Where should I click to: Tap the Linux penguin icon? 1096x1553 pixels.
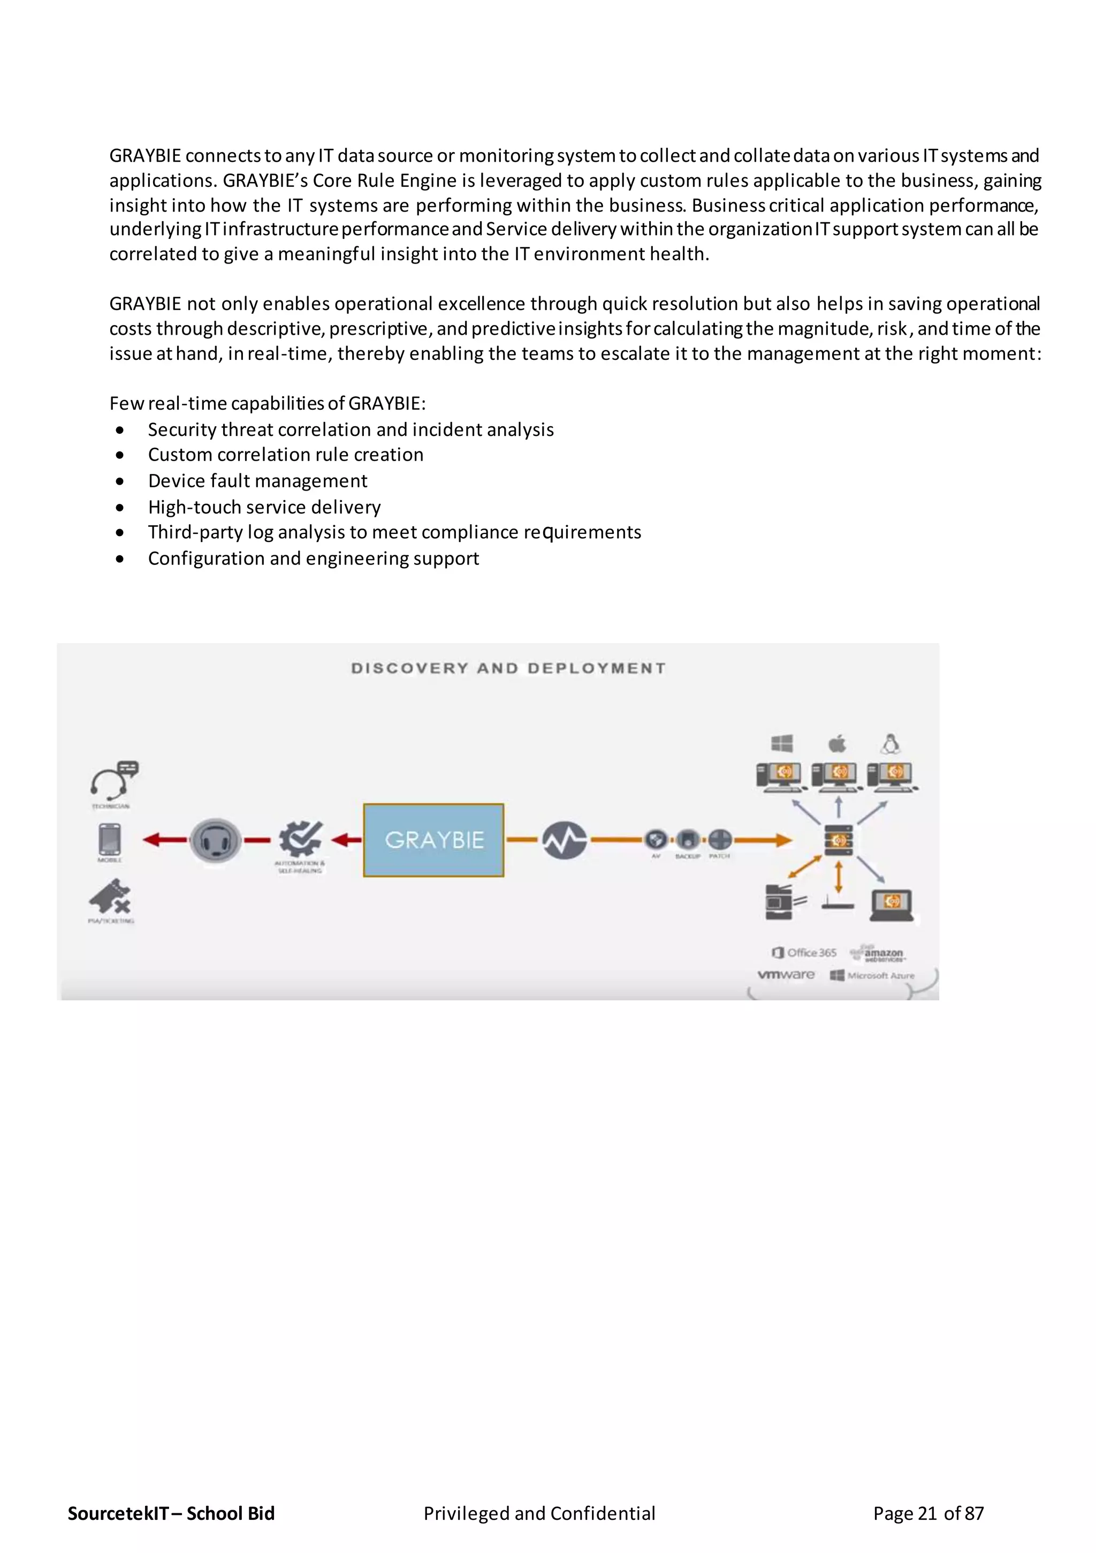coord(890,744)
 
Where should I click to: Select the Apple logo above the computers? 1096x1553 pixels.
coord(837,744)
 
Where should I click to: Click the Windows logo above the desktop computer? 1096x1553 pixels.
coord(782,744)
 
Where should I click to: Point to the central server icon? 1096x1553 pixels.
coord(839,841)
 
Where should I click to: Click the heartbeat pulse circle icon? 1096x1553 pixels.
coord(565,840)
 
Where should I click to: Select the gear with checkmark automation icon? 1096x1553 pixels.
coord(301,839)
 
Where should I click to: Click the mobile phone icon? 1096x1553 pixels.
coord(110,839)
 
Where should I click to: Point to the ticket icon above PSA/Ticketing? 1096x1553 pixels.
coord(110,897)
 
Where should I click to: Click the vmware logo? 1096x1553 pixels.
coord(786,975)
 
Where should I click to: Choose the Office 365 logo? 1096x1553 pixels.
coord(804,952)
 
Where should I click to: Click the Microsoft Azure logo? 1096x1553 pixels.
coord(872,975)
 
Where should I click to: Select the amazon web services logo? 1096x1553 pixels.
coord(879,953)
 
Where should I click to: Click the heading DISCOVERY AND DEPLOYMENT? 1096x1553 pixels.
coord(508,668)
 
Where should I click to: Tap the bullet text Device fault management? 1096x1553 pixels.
coord(257,481)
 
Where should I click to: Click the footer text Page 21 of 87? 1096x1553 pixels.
coord(928,1513)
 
